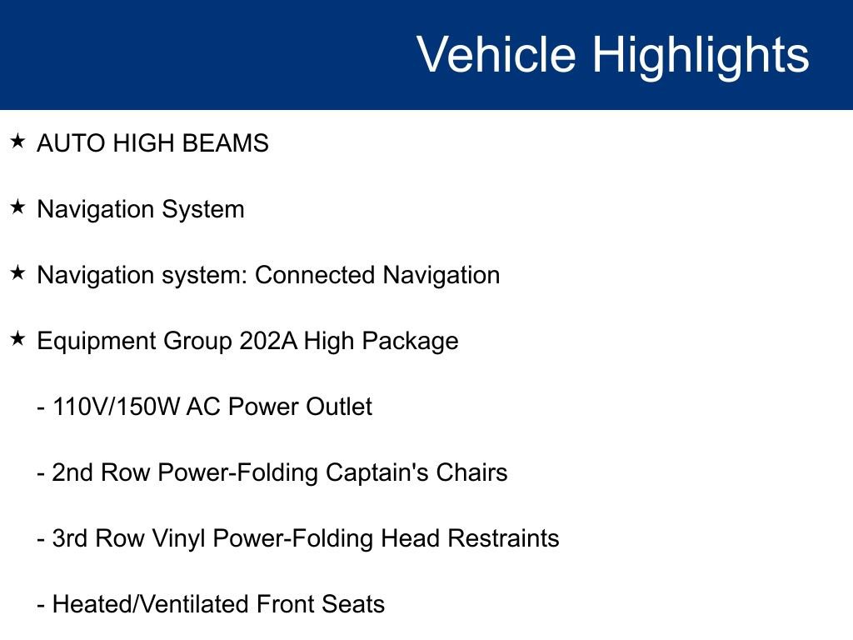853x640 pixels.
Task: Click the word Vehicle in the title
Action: pyautogui.click(x=496, y=55)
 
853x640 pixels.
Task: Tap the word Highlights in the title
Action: pyautogui.click(x=701, y=55)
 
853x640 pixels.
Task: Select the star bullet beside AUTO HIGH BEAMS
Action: pyautogui.click(x=17, y=142)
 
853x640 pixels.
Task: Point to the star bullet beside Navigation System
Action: pyautogui.click(x=17, y=207)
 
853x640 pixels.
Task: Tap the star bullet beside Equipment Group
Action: pyautogui.click(x=17, y=339)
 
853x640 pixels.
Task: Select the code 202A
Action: pyautogui.click(x=267, y=341)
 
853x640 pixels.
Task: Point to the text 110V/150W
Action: pyautogui.click(x=116, y=407)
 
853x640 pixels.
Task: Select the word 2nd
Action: pyautogui.click(x=72, y=472)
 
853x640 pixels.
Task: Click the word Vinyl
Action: pyautogui.click(x=179, y=538)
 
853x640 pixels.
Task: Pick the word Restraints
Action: pyautogui.click(x=503, y=538)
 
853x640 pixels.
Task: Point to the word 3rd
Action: pyautogui.click(x=71, y=538)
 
